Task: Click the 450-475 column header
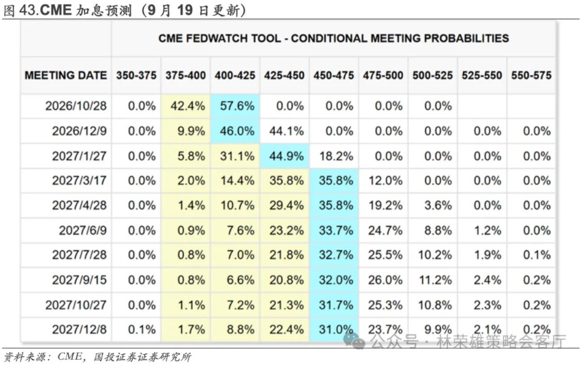tap(334, 75)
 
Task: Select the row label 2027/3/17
tap(79, 180)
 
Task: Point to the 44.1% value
tap(286, 131)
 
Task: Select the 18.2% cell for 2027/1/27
tap(336, 156)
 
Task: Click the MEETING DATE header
tap(66, 75)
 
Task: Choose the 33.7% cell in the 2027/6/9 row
tap(336, 231)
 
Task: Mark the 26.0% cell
tap(385, 280)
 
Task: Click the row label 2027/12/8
tap(79, 330)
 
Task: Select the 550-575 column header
tap(532, 75)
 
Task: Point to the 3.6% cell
tap(437, 206)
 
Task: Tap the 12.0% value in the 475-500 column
tap(385, 180)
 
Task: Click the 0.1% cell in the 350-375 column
tap(142, 330)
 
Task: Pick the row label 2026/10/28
tap(76, 106)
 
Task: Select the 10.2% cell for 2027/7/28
tap(435, 255)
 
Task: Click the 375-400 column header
tap(186, 75)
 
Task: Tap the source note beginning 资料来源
tap(97, 357)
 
